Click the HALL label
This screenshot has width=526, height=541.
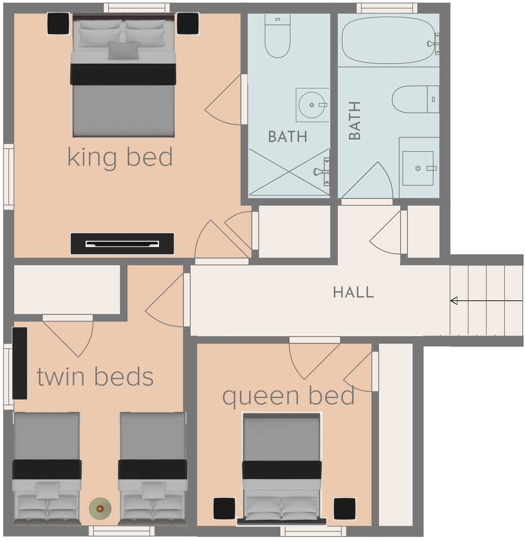click(x=353, y=292)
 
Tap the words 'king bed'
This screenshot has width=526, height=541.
click(x=120, y=157)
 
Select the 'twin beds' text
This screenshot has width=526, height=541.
click(x=95, y=376)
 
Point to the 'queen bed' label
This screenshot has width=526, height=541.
click(x=288, y=397)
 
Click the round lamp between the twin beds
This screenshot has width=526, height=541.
click(x=100, y=508)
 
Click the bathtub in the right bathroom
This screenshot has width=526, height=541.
click(x=388, y=40)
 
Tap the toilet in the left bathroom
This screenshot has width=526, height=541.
click(x=277, y=35)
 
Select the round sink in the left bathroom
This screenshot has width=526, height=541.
click(x=311, y=105)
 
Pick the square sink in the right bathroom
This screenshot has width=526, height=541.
click(x=418, y=168)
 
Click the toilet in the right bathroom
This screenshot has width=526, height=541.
click(x=416, y=99)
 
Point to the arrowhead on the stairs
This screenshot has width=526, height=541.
click(x=454, y=301)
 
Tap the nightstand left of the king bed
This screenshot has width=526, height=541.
click(x=58, y=24)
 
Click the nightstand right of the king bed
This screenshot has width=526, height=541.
click(x=188, y=24)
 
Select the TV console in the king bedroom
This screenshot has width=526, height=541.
click(x=122, y=243)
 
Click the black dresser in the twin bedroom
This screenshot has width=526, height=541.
click(x=20, y=363)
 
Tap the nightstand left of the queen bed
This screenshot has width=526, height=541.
click(x=224, y=508)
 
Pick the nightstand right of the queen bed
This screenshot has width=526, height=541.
click(x=344, y=508)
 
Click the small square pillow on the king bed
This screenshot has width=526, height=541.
click(x=123, y=51)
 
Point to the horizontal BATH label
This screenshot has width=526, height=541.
click(x=288, y=136)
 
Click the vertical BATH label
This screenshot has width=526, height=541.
click(x=355, y=121)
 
